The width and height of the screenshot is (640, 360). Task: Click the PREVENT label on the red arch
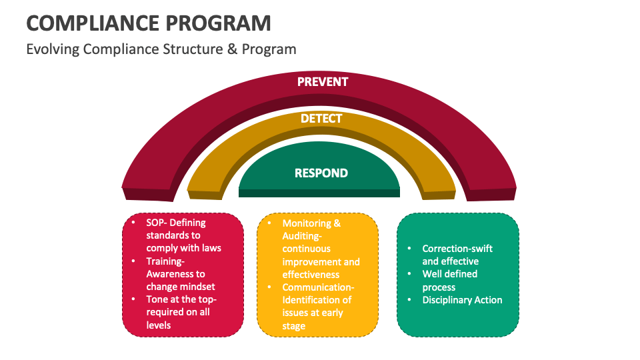click(x=323, y=82)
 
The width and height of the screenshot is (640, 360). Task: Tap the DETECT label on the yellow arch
click(x=321, y=119)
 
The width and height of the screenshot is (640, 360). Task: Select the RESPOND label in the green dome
click(x=321, y=173)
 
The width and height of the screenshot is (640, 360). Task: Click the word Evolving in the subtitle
click(x=53, y=49)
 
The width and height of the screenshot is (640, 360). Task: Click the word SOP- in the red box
click(x=159, y=223)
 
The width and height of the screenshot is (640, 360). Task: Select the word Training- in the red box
click(x=167, y=261)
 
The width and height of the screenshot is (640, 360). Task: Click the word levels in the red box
click(x=159, y=325)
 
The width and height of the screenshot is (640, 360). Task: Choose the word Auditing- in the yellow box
click(x=303, y=236)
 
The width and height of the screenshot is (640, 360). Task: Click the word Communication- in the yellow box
click(x=319, y=287)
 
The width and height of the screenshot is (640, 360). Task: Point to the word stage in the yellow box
click(x=294, y=326)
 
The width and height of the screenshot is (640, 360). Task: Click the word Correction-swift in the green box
click(x=457, y=249)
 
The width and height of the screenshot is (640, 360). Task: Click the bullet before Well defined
click(x=409, y=274)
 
